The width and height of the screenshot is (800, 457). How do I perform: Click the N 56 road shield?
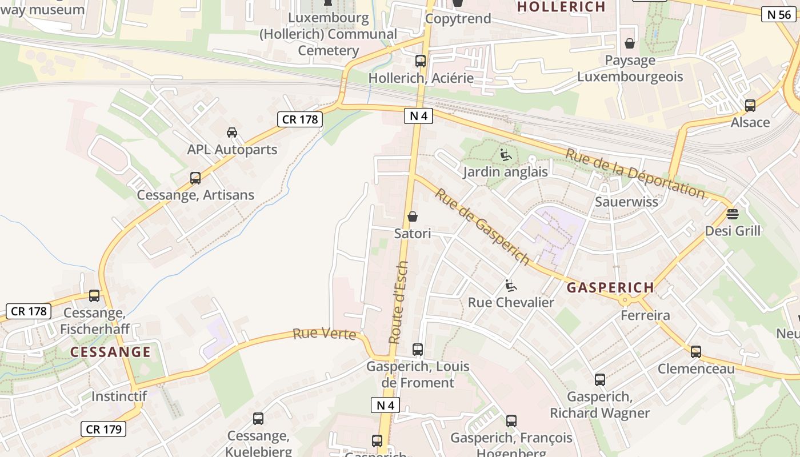coord(779,14)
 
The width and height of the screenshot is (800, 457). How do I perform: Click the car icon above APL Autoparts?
coord(232,133)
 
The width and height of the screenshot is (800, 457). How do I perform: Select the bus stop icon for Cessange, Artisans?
coord(195,178)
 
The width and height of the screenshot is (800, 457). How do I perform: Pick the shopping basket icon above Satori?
coord(413,217)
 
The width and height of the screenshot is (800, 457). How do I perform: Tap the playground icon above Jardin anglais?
coord(505,154)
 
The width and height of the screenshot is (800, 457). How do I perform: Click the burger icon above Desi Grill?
coord(733,214)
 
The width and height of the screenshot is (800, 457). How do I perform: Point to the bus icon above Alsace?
coord(750,106)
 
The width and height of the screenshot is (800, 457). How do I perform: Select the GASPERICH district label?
coord(610,288)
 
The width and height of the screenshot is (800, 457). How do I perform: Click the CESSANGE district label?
coord(110,352)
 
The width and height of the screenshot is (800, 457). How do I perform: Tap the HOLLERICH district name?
coord(561,7)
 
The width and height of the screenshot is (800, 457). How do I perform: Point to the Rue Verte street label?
coord(324,334)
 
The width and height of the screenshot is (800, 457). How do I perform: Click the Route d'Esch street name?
coord(398,302)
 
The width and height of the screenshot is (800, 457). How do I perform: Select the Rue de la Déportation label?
coord(635,172)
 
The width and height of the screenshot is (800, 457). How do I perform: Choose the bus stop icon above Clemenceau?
coord(695,352)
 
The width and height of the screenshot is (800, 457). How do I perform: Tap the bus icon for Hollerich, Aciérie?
coord(421,61)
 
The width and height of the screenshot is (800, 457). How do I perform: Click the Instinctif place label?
coord(119,396)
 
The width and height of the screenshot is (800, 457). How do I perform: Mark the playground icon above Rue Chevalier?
coord(511,286)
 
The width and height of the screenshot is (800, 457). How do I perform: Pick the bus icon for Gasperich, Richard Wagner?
coord(599,380)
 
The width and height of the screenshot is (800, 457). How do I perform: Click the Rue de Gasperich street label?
coord(482,226)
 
